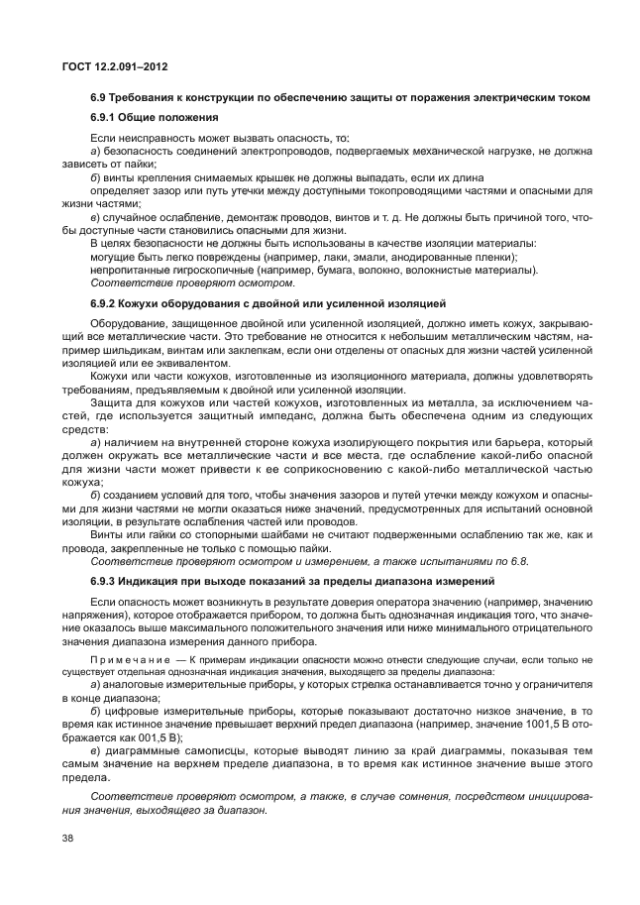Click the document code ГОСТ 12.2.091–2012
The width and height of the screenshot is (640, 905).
coord(112,67)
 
